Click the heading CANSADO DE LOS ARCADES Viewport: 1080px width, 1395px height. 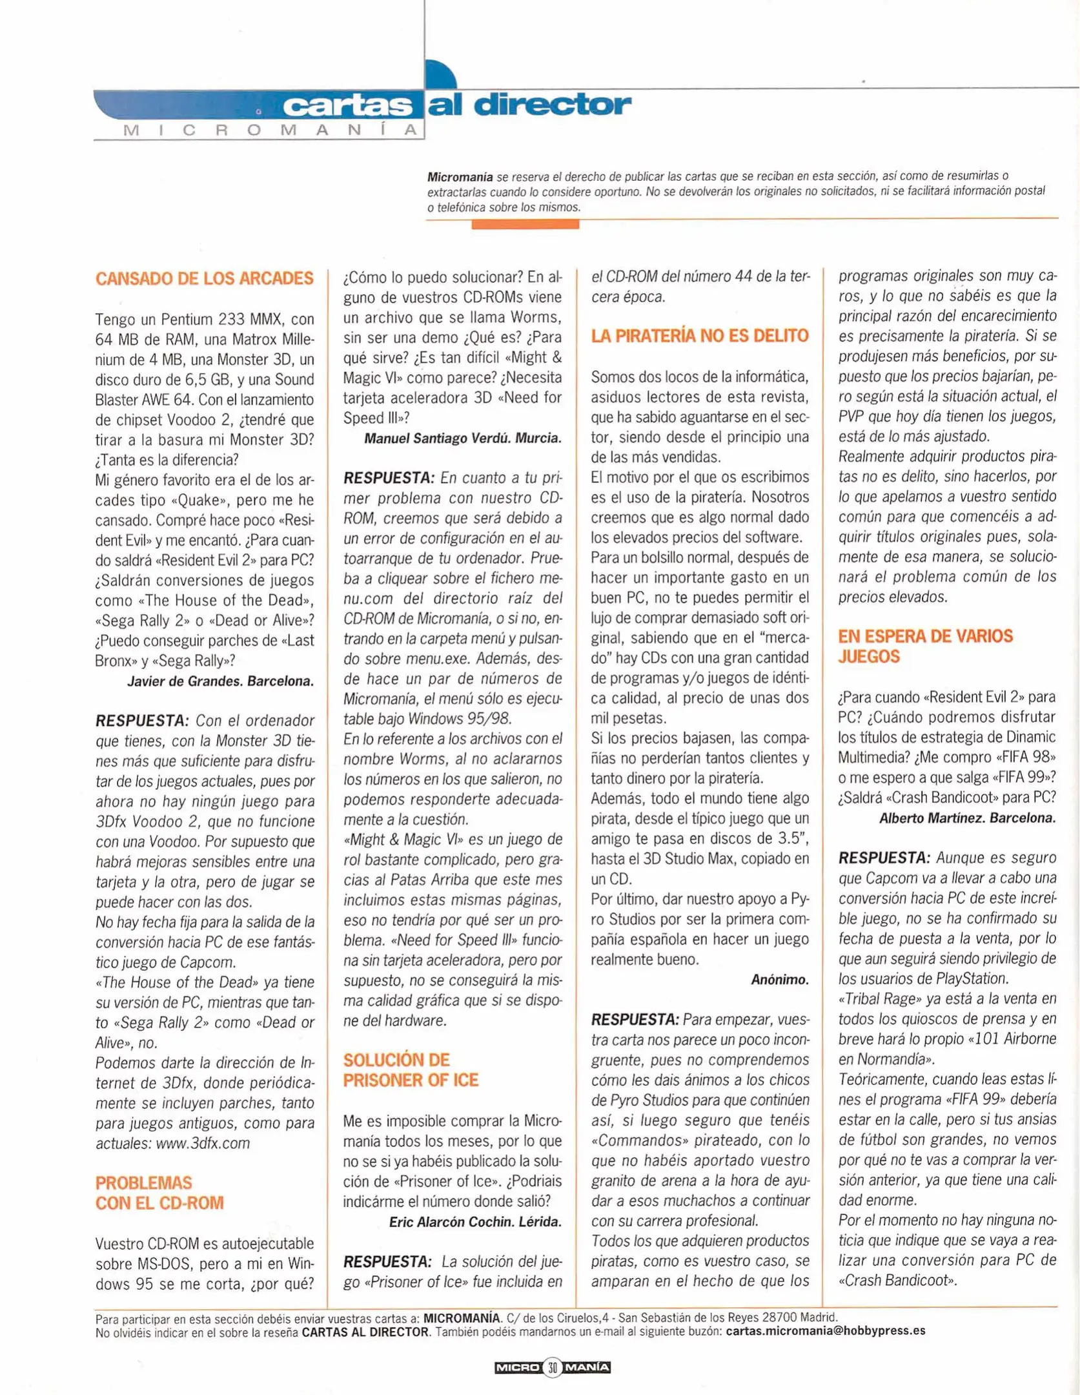pos(205,278)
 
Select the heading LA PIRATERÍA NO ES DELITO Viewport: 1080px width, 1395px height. pos(700,336)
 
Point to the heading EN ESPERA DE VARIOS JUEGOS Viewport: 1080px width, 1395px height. pos(925,646)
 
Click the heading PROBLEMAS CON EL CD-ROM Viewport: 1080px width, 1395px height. pos(159,1193)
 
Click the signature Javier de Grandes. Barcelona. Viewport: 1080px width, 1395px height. pos(221,681)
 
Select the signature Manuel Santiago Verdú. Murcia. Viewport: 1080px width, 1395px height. pos(463,439)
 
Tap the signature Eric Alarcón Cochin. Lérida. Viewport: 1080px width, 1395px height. pos(475,1221)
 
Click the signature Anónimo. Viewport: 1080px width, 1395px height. pos(779,980)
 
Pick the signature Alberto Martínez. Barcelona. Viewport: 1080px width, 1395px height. pos(967,818)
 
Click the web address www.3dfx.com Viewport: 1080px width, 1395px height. pos(203,1143)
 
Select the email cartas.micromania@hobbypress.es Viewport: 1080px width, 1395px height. pos(826,1330)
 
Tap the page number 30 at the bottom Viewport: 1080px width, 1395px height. pos(553,1367)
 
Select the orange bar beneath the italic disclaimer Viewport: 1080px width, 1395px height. pos(525,224)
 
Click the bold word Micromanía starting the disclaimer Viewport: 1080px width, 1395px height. pos(460,176)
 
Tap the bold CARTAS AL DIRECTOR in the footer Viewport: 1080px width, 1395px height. pos(365,1331)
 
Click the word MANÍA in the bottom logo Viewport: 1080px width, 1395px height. pos(587,1367)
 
